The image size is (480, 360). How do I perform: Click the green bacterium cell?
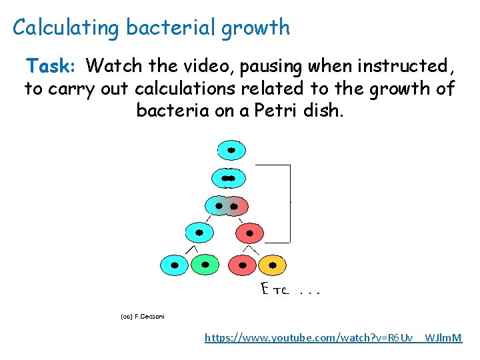pyautogui.click(x=205, y=265)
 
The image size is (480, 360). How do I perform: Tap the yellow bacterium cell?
pyautogui.click(x=271, y=265)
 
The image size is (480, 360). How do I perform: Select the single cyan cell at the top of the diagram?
pyautogui.click(x=231, y=151)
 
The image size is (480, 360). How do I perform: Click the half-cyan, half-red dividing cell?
pyautogui.click(x=227, y=206)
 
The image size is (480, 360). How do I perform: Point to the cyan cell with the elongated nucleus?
pyautogui.click(x=229, y=179)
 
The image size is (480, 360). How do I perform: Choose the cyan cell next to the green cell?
pyautogui.click(x=174, y=265)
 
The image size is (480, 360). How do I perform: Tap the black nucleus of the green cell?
pyautogui.click(x=205, y=265)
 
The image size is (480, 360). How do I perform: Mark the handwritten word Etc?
pyautogui.click(x=273, y=290)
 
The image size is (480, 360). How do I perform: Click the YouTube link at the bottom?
pyautogui.click(x=333, y=338)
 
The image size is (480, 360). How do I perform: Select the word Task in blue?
pyautogui.click(x=50, y=66)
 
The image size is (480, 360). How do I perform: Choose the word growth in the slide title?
pyautogui.click(x=256, y=28)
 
